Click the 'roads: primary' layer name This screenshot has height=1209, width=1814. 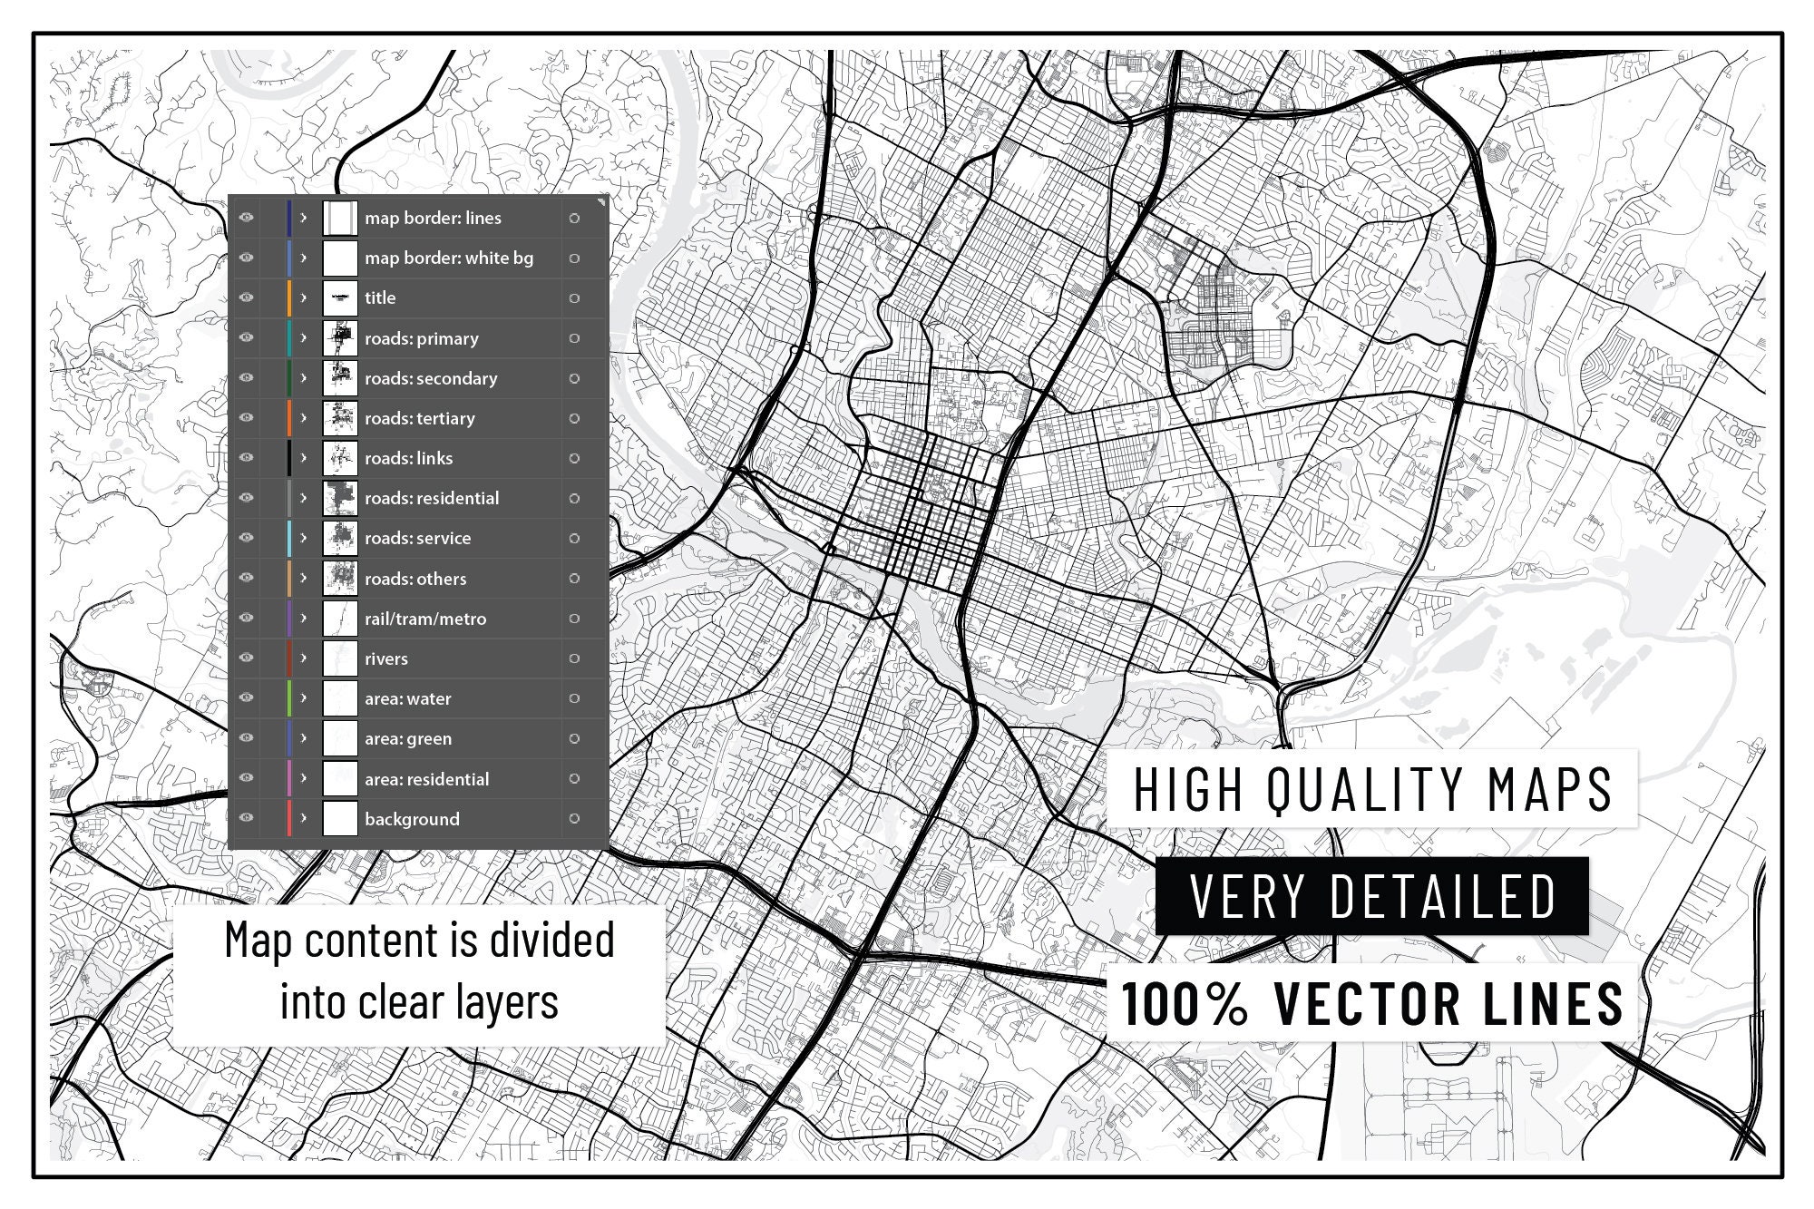tap(421, 338)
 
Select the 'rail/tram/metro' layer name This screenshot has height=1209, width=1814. tap(424, 619)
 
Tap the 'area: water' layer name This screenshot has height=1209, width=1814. tap(407, 698)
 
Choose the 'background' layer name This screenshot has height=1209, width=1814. tap(412, 819)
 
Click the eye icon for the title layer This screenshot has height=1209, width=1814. tap(246, 297)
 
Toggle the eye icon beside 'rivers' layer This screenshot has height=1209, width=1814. tap(246, 658)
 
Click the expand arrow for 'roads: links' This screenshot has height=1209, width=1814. tap(304, 458)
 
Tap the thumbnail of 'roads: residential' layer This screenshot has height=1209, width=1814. tap(340, 498)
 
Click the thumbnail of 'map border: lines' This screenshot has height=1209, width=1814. tap(340, 218)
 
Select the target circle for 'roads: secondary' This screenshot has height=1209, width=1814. tap(574, 378)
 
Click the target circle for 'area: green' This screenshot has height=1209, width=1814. tap(574, 738)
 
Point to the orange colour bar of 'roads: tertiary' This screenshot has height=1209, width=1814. tap(289, 418)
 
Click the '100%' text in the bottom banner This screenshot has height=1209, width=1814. tap(1185, 1003)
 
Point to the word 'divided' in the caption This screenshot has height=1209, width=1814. tap(552, 940)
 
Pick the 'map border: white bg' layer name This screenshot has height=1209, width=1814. tap(448, 258)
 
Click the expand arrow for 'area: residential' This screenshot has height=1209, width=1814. tap(304, 778)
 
